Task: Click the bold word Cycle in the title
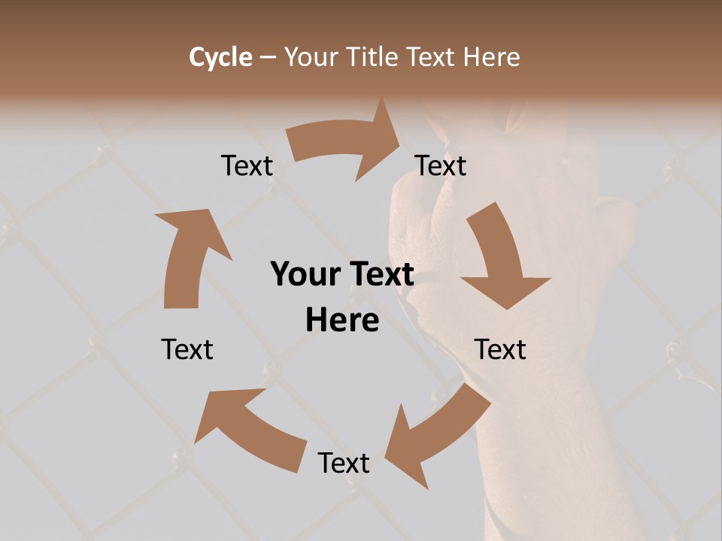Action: coord(220,57)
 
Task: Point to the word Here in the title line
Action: coord(492,57)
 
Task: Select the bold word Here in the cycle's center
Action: coord(342,321)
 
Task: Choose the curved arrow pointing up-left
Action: coord(248,428)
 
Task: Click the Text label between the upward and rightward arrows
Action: coord(247,166)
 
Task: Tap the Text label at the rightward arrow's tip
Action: coord(441,166)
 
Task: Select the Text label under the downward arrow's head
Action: coord(500,349)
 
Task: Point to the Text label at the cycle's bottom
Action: coord(344,464)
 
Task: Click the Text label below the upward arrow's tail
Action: coord(187,349)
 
